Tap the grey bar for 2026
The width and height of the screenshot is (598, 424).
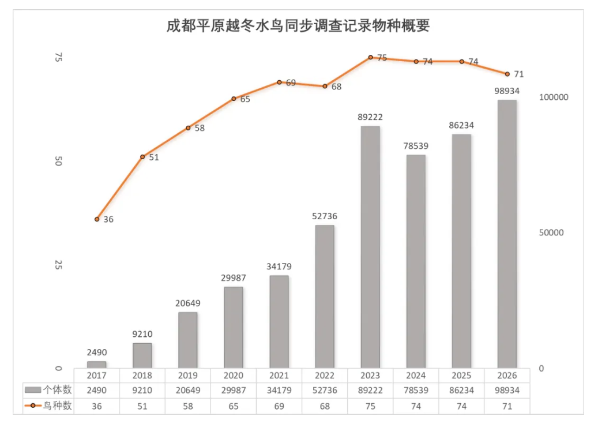click(507, 234)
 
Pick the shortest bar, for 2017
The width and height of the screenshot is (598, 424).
click(97, 365)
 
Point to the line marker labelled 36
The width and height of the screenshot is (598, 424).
click(97, 219)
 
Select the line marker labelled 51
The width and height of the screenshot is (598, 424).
click(142, 157)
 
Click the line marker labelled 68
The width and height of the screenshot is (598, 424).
click(325, 86)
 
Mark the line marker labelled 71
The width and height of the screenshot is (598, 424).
click(507, 74)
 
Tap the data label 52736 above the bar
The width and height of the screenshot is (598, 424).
click(325, 216)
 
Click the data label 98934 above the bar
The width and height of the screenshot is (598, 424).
click(507, 91)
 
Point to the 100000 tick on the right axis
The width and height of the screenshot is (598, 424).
click(554, 97)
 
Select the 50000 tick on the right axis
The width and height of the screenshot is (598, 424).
click(551, 233)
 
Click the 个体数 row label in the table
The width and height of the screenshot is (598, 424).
click(58, 391)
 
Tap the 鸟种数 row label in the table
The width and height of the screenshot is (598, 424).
click(58, 406)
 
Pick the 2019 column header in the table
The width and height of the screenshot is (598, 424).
click(188, 376)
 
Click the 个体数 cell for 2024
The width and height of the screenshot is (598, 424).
click(416, 391)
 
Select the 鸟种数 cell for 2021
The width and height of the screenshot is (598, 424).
click(279, 406)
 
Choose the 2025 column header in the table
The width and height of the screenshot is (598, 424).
click(461, 376)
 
